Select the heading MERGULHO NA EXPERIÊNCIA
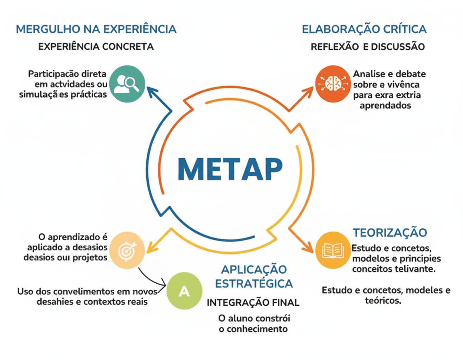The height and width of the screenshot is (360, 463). [x=96, y=29]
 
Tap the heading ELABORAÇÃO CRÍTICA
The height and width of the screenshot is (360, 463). [x=364, y=29]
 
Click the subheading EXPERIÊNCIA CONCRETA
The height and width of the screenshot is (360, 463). [x=96, y=47]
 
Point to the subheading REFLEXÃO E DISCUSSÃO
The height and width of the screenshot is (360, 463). [x=367, y=47]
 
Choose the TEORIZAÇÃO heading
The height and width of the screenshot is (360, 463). [x=389, y=233]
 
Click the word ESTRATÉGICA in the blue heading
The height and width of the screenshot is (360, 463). [x=254, y=283]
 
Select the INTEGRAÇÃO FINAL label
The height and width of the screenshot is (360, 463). [x=253, y=303]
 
